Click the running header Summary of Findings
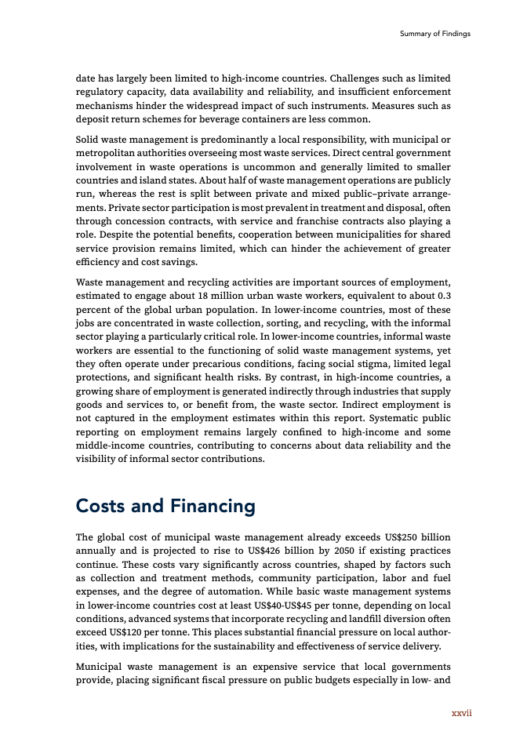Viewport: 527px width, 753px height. (x=434, y=34)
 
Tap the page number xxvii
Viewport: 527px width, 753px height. (x=460, y=713)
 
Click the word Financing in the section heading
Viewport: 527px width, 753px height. (x=212, y=506)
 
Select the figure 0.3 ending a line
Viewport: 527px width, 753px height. (x=443, y=295)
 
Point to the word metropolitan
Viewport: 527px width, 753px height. (x=107, y=151)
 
